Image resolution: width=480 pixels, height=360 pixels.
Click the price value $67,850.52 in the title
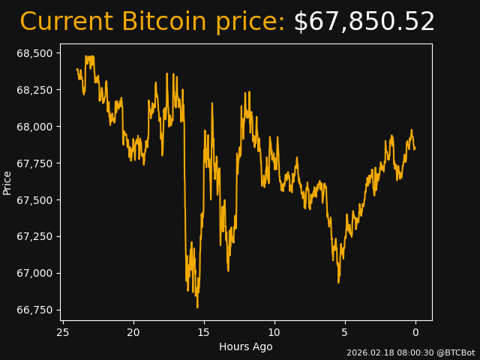point(364,22)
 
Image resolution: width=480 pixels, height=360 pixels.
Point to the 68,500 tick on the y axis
point(35,53)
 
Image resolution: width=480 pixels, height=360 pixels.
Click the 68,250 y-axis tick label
point(35,90)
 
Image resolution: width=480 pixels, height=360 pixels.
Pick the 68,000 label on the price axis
point(35,127)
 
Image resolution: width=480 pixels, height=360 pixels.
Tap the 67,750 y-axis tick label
point(35,163)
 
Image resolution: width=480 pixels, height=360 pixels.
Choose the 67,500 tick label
point(35,200)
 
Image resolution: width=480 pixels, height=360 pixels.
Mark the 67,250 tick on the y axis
point(35,237)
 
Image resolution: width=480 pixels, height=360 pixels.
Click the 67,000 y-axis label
point(35,273)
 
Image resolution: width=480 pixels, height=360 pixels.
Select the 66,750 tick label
point(35,310)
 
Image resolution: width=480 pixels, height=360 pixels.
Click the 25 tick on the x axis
point(63,332)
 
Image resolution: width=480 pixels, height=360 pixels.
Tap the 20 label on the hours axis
point(133,332)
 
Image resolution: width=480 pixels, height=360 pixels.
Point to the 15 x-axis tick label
point(204,332)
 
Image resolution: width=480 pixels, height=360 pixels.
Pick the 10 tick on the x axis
point(274,332)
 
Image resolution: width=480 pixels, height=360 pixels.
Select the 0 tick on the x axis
point(415,332)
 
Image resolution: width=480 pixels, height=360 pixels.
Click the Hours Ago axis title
point(246,346)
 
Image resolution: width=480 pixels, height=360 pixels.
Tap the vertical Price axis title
point(7,182)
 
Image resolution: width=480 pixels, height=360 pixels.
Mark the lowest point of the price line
point(197,307)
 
